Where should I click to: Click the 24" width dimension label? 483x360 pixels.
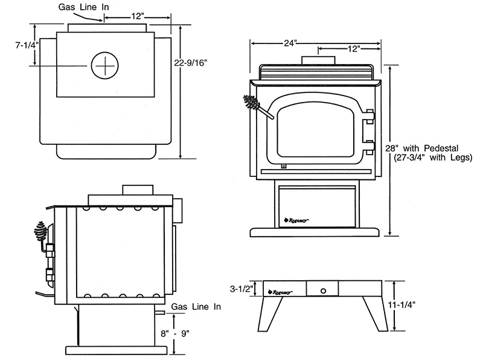tap(290, 43)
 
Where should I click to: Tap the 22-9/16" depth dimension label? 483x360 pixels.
tap(191, 63)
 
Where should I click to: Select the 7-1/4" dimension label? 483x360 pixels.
tap(27, 45)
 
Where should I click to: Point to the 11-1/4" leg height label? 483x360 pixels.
tap(401, 305)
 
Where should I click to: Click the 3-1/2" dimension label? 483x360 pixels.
tap(241, 289)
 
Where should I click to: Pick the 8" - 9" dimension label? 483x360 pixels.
tap(175, 333)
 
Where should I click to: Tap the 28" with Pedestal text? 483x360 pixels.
tap(422, 148)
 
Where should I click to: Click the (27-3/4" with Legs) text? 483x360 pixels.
tap(433, 158)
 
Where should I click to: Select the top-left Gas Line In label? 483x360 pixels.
tap(83, 7)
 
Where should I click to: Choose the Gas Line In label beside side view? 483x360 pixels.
tap(196, 307)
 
